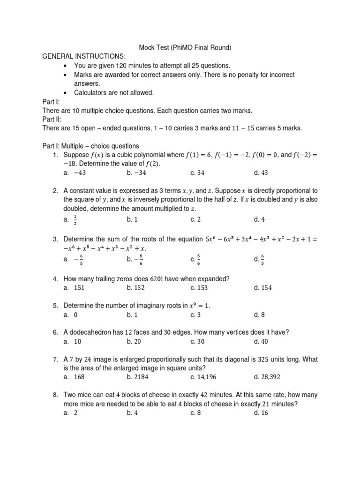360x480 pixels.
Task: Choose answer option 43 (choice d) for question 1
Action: coord(261,172)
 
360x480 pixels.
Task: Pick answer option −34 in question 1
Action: coord(136,172)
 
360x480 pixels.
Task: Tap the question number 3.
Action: coord(55,240)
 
